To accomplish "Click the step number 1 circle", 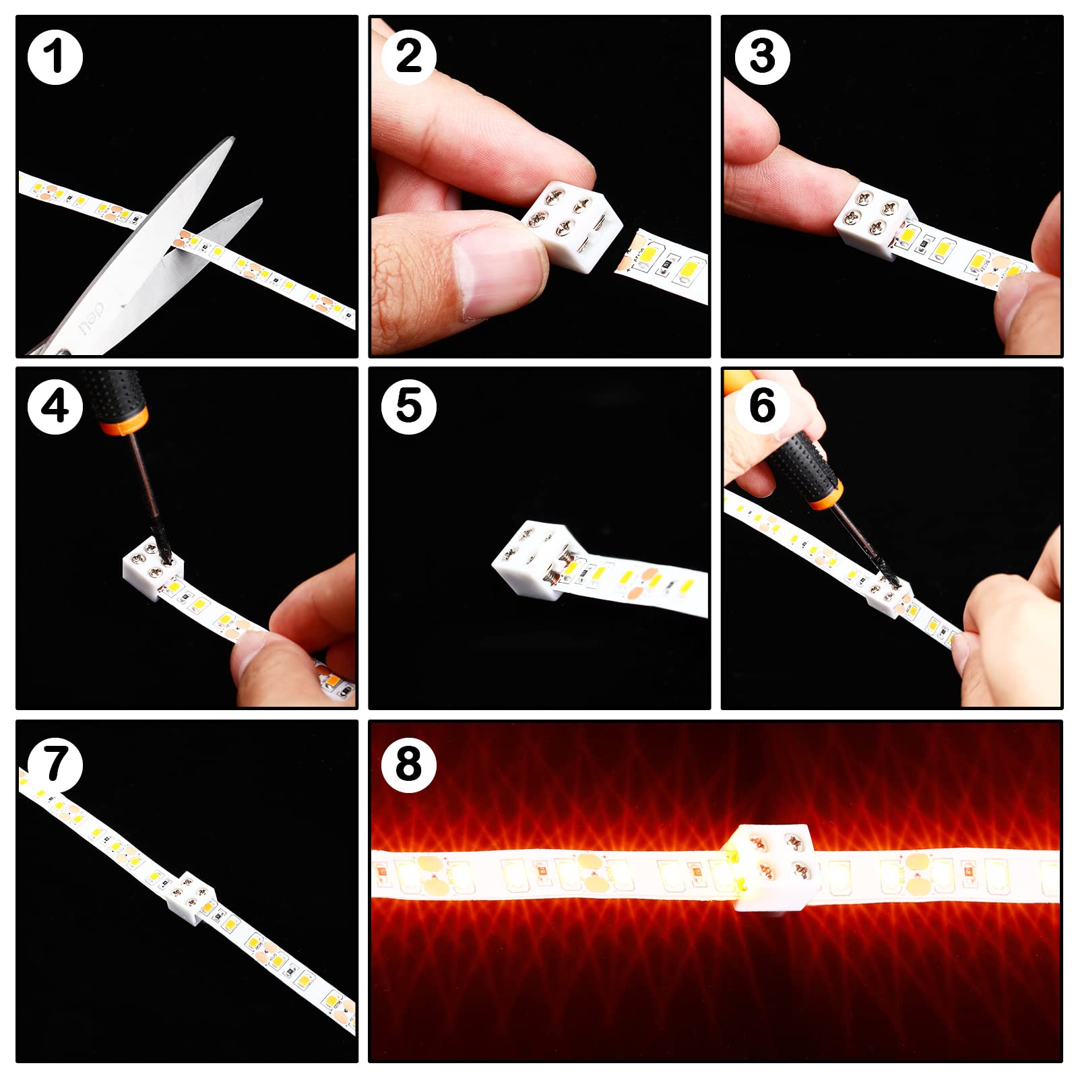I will coord(55,57).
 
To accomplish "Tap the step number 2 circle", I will coord(408,57).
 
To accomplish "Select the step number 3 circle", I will coord(762,57).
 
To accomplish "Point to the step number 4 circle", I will coord(55,407).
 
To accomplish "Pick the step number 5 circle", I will coord(408,407).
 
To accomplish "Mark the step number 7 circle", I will coord(55,765).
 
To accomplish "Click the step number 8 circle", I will coord(408,765).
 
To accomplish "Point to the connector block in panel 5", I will coord(532,559).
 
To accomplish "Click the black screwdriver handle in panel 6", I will coord(802,465).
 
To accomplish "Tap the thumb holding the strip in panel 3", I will coord(1021,303).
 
